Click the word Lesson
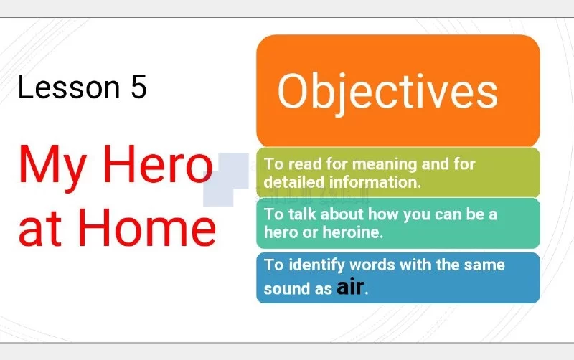click(69, 87)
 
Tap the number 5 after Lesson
click(138, 87)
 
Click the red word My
click(52, 167)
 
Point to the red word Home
click(147, 227)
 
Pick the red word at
click(39, 229)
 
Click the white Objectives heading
click(387, 93)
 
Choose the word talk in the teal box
click(301, 214)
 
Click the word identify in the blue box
click(316, 265)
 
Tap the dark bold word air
click(350, 287)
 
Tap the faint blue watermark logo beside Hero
click(227, 179)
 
